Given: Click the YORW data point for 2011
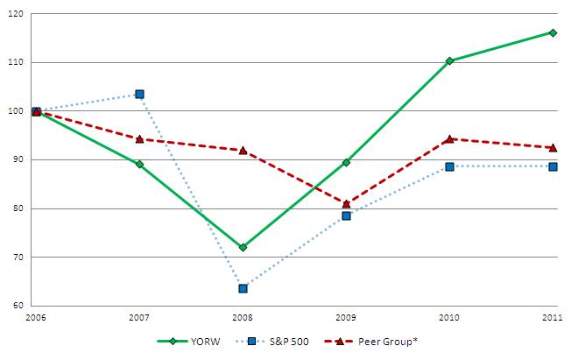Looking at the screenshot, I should pyautogui.click(x=553, y=32).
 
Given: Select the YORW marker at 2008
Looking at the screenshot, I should pyautogui.click(x=243, y=247).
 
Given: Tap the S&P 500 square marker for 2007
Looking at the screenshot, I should pyautogui.click(x=139, y=94).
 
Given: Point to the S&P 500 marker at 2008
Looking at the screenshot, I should pyautogui.click(x=243, y=288).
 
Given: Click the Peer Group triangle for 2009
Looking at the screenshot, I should pyautogui.click(x=346, y=203).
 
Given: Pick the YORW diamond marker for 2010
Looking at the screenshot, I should pyautogui.click(x=449, y=60).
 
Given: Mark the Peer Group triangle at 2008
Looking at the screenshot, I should pyautogui.click(x=243, y=150).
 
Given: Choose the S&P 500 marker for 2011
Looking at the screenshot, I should pyautogui.click(x=553, y=166).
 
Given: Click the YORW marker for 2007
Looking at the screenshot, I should pyautogui.click(x=139, y=164).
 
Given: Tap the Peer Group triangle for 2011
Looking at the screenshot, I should pyautogui.click(x=553, y=147).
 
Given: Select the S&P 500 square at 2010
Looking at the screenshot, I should pyautogui.click(x=449, y=166).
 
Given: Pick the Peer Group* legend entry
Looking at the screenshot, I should pyautogui.click(x=367, y=342).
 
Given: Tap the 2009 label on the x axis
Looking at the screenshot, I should pyautogui.click(x=346, y=317).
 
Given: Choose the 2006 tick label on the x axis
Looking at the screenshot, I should pyautogui.click(x=36, y=317).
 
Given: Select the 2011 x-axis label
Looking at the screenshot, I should pyautogui.click(x=553, y=317).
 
